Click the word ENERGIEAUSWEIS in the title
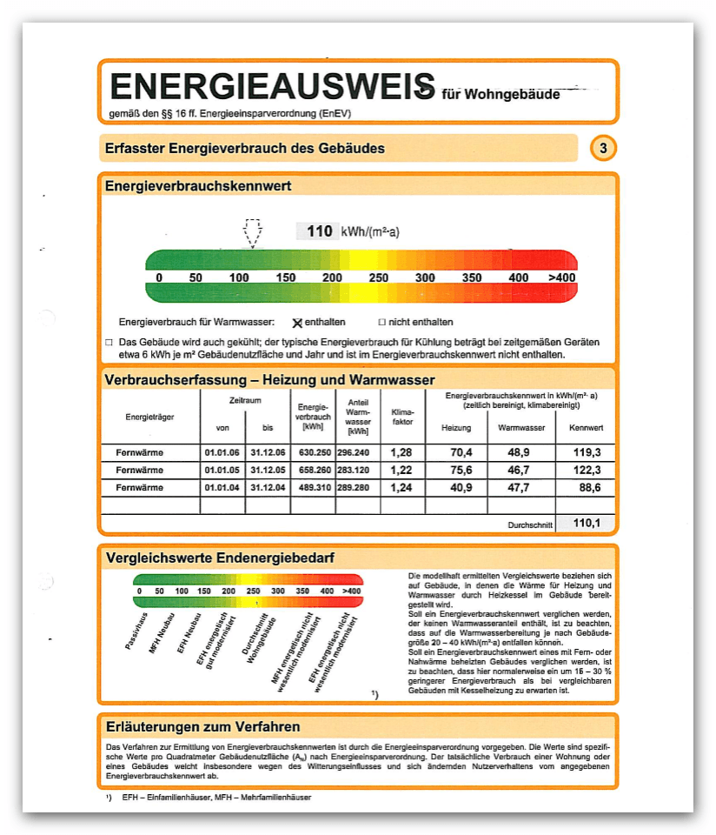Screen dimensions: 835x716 tap(272, 87)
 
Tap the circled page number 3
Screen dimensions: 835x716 tap(603, 149)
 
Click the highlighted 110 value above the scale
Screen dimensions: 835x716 tap(320, 231)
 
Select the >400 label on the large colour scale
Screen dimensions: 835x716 tap(561, 277)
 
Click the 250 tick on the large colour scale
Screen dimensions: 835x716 tap(378, 277)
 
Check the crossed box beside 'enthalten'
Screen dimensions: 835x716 tap(297, 322)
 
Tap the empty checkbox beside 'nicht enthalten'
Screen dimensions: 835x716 tap(381, 322)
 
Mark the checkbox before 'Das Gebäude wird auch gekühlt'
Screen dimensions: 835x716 tap(109, 343)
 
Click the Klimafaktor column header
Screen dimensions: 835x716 tap(402, 417)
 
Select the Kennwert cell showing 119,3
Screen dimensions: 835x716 tap(585, 453)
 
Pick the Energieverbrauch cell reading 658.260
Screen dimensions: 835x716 tap(315, 471)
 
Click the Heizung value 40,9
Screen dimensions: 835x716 tap(455, 488)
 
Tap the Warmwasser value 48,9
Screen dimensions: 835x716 tap(520, 453)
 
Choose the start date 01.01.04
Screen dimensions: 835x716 tap(222, 488)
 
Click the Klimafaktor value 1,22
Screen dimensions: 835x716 tap(401, 471)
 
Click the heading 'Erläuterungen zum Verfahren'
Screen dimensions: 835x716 tap(202, 727)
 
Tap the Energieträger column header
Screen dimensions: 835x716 tap(149, 417)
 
